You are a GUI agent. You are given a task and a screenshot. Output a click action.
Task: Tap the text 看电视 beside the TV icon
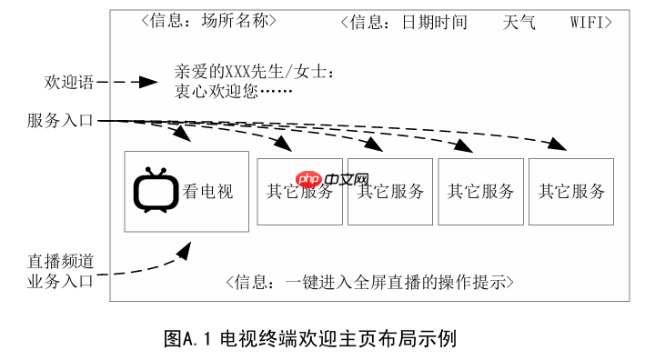(208, 192)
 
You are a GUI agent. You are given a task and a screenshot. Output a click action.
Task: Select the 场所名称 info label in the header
(239, 20)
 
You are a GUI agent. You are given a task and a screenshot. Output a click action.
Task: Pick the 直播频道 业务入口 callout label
(60, 271)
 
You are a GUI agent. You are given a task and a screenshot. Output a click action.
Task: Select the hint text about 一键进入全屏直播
(369, 283)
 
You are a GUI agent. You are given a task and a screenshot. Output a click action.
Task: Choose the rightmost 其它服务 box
(571, 192)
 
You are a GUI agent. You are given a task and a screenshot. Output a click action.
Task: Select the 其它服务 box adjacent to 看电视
(299, 192)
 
